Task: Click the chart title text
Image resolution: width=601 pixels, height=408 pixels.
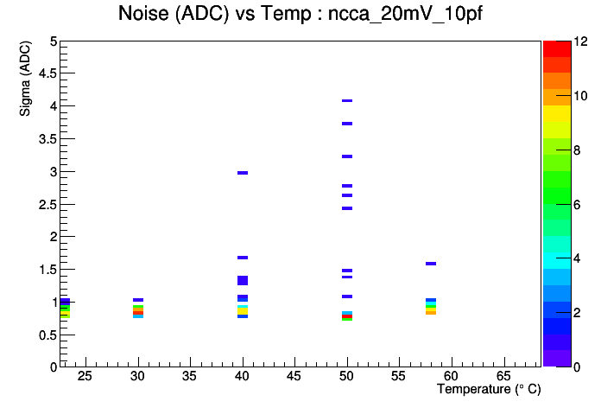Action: (x=300, y=14)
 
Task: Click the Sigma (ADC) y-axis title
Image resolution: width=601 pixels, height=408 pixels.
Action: (x=25, y=79)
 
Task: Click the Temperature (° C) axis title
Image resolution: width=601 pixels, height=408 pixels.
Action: (x=489, y=389)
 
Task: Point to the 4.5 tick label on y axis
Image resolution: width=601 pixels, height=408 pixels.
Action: (x=47, y=73)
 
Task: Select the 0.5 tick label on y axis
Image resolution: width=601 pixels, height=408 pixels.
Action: (x=47, y=335)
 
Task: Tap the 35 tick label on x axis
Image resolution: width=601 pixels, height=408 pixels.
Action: (x=190, y=376)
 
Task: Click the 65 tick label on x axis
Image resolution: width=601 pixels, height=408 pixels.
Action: (x=503, y=376)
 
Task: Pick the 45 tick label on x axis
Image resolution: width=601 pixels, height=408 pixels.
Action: (x=294, y=376)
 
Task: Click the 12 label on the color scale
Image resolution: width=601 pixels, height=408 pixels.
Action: (x=580, y=41)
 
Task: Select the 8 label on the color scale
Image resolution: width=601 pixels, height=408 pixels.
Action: (x=577, y=150)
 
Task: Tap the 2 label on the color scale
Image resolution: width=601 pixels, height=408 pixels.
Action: (x=577, y=313)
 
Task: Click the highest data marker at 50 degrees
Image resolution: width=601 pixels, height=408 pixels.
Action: (x=347, y=100)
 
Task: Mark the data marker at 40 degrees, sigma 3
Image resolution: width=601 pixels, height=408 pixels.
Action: (x=243, y=173)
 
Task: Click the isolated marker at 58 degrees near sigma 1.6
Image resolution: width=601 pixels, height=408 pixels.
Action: (x=431, y=264)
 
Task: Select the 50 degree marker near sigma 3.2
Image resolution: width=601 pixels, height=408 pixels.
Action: (x=347, y=156)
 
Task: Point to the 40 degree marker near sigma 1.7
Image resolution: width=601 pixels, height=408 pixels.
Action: (x=243, y=258)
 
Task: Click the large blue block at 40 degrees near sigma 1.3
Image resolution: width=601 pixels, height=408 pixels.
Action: (x=243, y=281)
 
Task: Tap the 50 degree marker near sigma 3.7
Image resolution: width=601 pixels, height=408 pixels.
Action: (x=347, y=124)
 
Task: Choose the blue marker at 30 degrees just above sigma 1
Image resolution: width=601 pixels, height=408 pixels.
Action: (x=138, y=300)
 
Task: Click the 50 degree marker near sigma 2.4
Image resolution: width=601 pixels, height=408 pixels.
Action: (x=347, y=208)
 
